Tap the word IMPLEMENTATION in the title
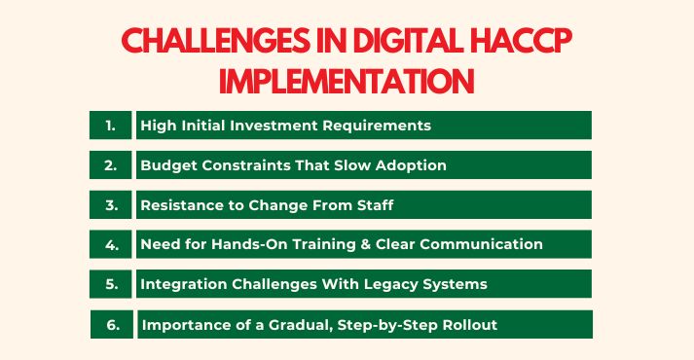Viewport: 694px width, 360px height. tap(347, 81)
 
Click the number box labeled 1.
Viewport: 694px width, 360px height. tap(111, 126)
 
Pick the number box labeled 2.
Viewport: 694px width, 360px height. tap(111, 165)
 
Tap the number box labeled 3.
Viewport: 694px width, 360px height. tap(111, 204)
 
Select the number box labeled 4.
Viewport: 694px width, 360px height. tap(111, 244)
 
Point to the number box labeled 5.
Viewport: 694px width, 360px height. tap(111, 284)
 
